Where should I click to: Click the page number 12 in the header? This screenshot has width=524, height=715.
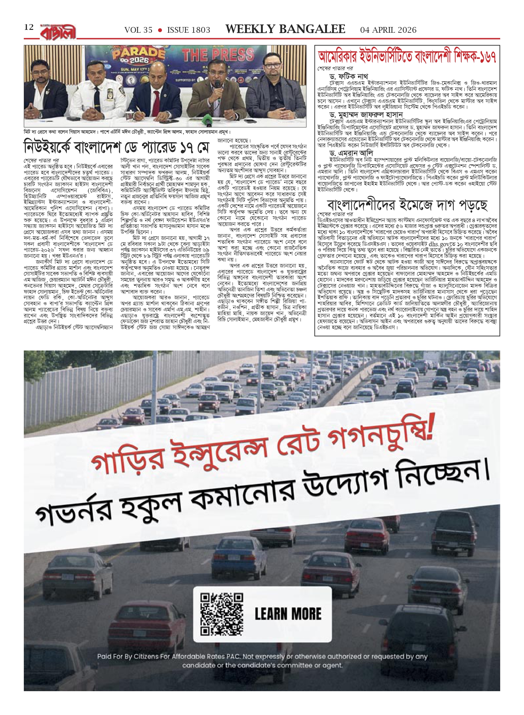coord(29,27)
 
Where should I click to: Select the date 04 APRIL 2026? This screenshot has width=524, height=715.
coord(388,30)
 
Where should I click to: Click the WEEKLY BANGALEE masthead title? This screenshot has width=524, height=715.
coord(285,29)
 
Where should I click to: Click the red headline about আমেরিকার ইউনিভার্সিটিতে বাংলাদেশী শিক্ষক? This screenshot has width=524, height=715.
coord(407,58)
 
